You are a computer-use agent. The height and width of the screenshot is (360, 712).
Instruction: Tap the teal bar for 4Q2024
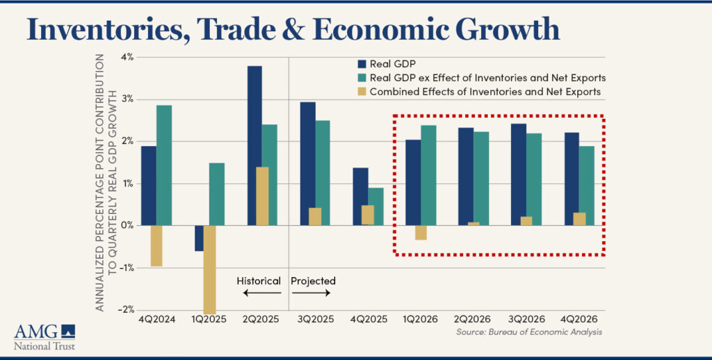(164, 165)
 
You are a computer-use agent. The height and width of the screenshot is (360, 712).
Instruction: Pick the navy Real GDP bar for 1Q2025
(199, 238)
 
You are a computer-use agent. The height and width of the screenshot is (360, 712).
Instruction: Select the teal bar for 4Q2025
(376, 206)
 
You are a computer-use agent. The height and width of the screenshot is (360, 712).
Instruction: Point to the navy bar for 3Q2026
(518, 174)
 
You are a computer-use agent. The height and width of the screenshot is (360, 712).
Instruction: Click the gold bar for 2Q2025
(262, 196)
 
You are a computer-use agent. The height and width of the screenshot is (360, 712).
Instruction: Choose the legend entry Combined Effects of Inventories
(485, 91)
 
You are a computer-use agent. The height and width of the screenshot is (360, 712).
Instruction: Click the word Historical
(258, 281)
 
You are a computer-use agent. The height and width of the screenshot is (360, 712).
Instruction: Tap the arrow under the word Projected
(311, 294)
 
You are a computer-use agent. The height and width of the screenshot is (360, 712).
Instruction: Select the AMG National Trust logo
(44, 336)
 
